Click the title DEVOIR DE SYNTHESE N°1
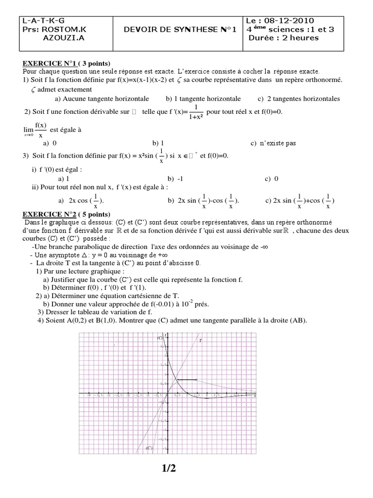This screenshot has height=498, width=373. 180,30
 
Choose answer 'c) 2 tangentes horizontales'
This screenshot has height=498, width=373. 299,99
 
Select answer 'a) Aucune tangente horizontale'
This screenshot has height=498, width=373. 102,99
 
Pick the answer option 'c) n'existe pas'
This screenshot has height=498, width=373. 273,143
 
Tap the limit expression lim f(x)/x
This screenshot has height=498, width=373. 35,130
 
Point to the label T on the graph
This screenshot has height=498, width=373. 200,341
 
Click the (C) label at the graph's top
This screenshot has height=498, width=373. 159,338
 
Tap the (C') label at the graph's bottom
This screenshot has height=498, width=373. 149,448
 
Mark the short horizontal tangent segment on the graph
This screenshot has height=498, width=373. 186,379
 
